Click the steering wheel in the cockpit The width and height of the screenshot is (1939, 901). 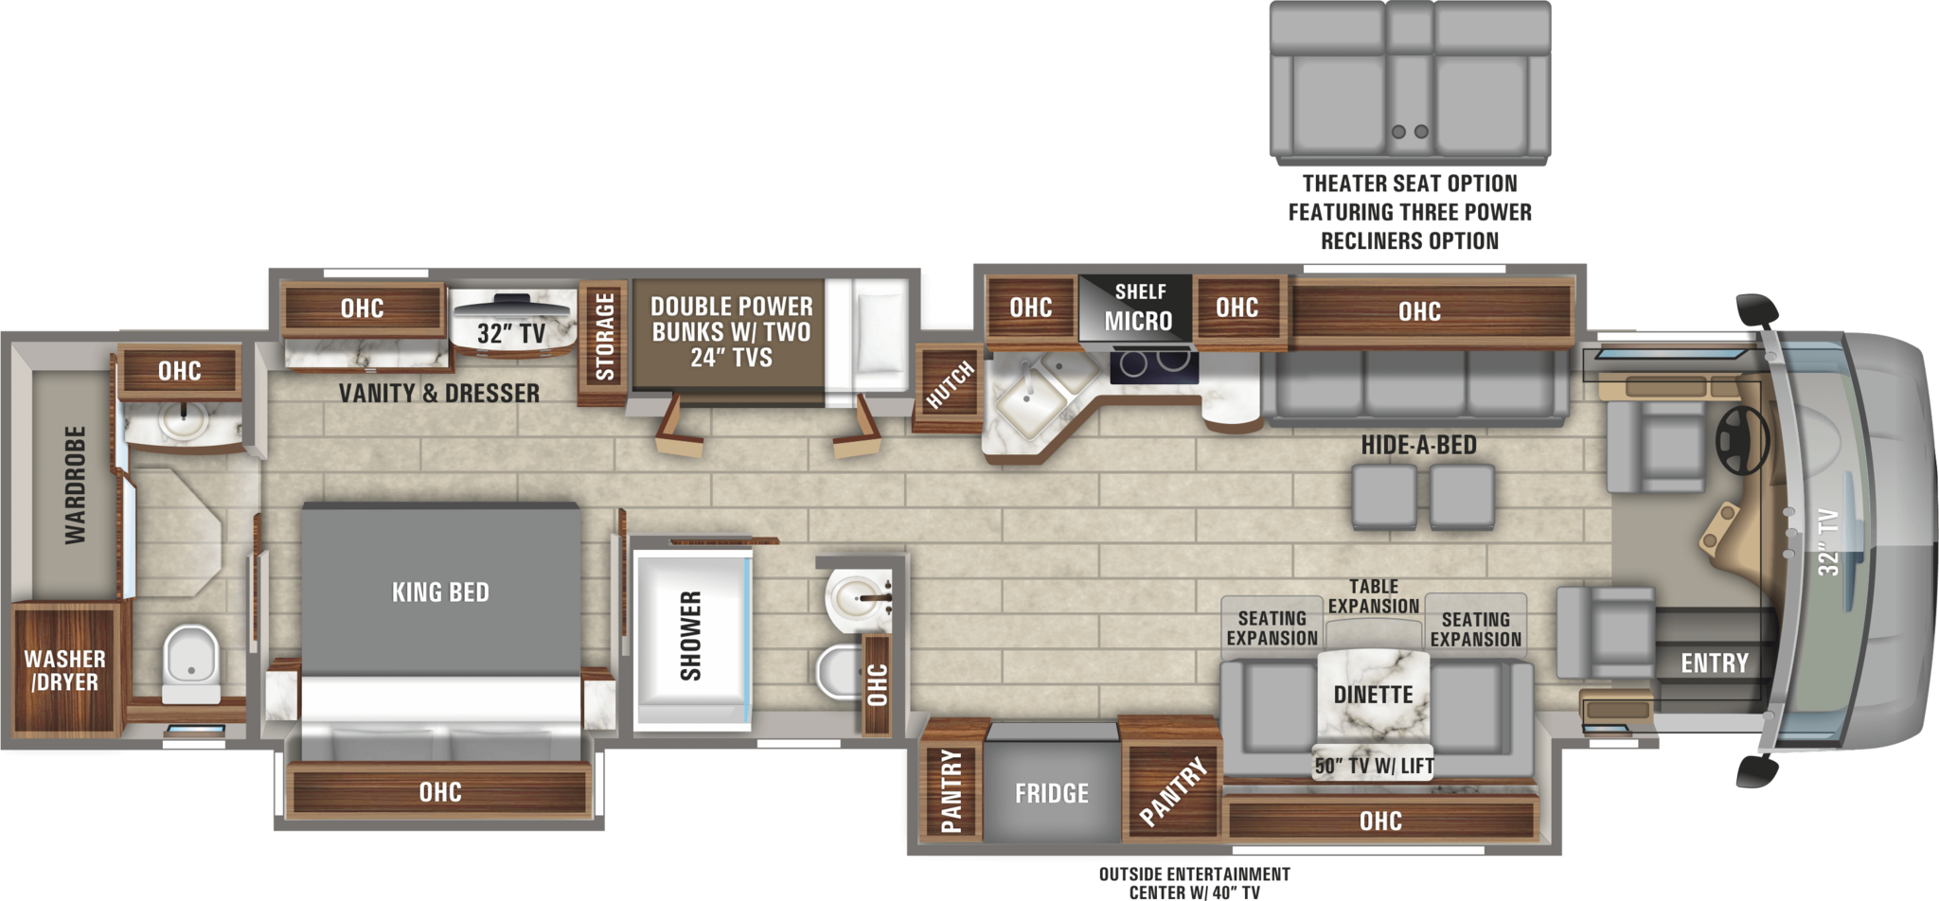tap(1743, 440)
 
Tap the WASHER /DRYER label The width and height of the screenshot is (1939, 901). tap(64, 670)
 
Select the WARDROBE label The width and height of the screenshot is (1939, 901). tap(75, 485)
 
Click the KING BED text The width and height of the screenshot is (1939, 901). tap(440, 592)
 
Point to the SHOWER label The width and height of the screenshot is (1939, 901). tap(691, 636)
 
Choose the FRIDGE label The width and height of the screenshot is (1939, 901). tap(1051, 793)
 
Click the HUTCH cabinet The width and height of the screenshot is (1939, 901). tap(949, 386)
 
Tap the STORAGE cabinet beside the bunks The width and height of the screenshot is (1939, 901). tap(604, 337)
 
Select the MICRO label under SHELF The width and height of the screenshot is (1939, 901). tap(1138, 322)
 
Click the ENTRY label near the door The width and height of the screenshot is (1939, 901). tap(1714, 662)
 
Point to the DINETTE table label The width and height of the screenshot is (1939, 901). tap(1373, 695)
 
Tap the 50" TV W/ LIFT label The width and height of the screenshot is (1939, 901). tap(1374, 766)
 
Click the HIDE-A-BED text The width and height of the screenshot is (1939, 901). tap(1418, 445)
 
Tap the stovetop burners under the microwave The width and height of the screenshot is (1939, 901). tap(1153, 363)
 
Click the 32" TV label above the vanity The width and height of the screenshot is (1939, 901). tap(511, 333)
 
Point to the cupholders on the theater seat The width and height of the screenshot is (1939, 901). tap(1410, 132)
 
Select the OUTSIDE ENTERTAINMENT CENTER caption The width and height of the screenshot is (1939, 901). tap(1194, 882)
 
